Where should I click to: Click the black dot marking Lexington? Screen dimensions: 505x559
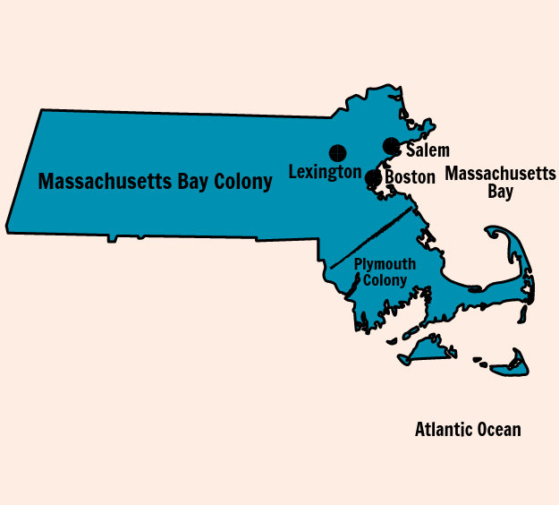[x=337, y=152]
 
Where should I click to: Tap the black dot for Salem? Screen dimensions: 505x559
[x=391, y=145]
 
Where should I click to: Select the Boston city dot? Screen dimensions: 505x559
[x=373, y=177]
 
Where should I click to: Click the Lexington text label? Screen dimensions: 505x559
[x=325, y=172]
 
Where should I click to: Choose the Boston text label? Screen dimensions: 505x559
[x=410, y=177]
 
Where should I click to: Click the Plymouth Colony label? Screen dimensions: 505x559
[x=385, y=271]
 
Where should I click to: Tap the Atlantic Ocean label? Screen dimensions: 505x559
[x=468, y=430]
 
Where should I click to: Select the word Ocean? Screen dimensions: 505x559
[x=497, y=430]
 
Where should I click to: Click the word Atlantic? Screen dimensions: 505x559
[x=445, y=430]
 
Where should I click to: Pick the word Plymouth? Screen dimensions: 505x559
[x=385, y=263]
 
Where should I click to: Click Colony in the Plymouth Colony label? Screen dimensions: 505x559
[x=385, y=280]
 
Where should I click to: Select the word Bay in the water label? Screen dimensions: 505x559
[x=501, y=191]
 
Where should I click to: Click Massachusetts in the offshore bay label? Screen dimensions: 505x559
[x=501, y=173]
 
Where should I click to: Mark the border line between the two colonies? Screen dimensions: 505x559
[x=372, y=237]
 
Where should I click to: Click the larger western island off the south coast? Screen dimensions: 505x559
[x=428, y=352]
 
